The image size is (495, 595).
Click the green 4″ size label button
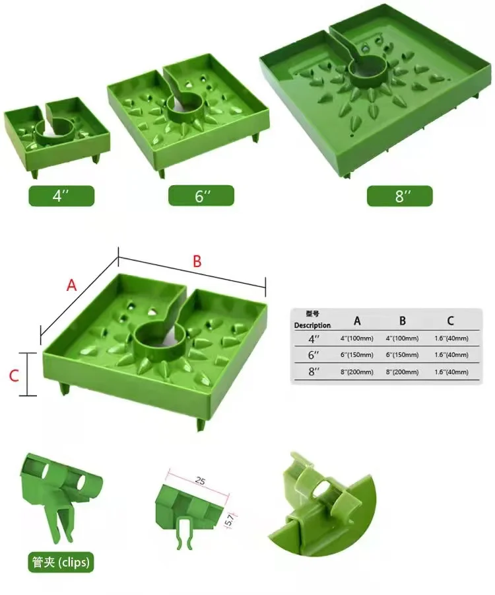(x=61, y=196)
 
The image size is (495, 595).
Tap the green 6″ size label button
(x=201, y=196)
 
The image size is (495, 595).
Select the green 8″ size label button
(x=400, y=196)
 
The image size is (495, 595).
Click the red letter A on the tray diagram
(x=72, y=285)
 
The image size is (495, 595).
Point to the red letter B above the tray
(x=196, y=261)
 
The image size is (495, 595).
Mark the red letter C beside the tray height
(x=13, y=376)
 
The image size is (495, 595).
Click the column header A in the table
(x=357, y=321)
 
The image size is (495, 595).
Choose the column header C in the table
(x=450, y=321)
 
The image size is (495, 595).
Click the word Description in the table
(x=312, y=325)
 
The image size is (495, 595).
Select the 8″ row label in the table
(x=312, y=372)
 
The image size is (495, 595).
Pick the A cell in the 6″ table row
(x=357, y=355)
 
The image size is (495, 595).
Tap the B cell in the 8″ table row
(x=403, y=372)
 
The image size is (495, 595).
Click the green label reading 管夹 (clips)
(x=60, y=563)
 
